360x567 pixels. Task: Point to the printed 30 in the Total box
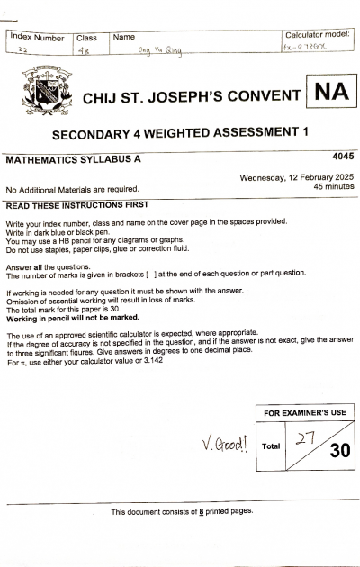339,450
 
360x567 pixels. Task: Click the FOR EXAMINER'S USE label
304,412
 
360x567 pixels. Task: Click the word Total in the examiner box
271,445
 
